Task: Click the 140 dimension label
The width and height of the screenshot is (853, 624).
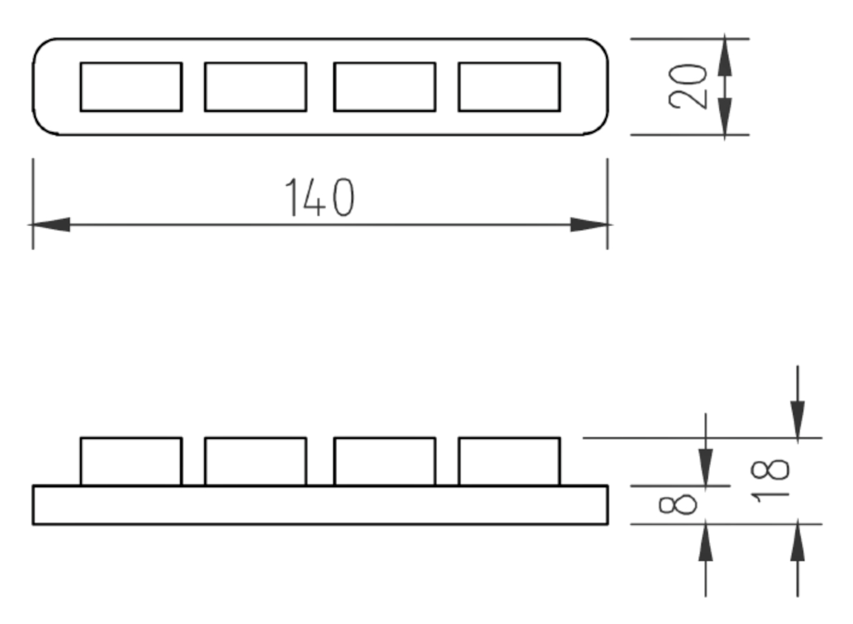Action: (320, 197)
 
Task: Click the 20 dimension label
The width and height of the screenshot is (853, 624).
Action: (688, 86)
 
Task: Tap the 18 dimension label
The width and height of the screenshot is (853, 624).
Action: (770, 482)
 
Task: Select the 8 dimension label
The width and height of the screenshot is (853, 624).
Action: (678, 505)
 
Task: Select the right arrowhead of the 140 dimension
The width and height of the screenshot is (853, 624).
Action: (589, 224)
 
